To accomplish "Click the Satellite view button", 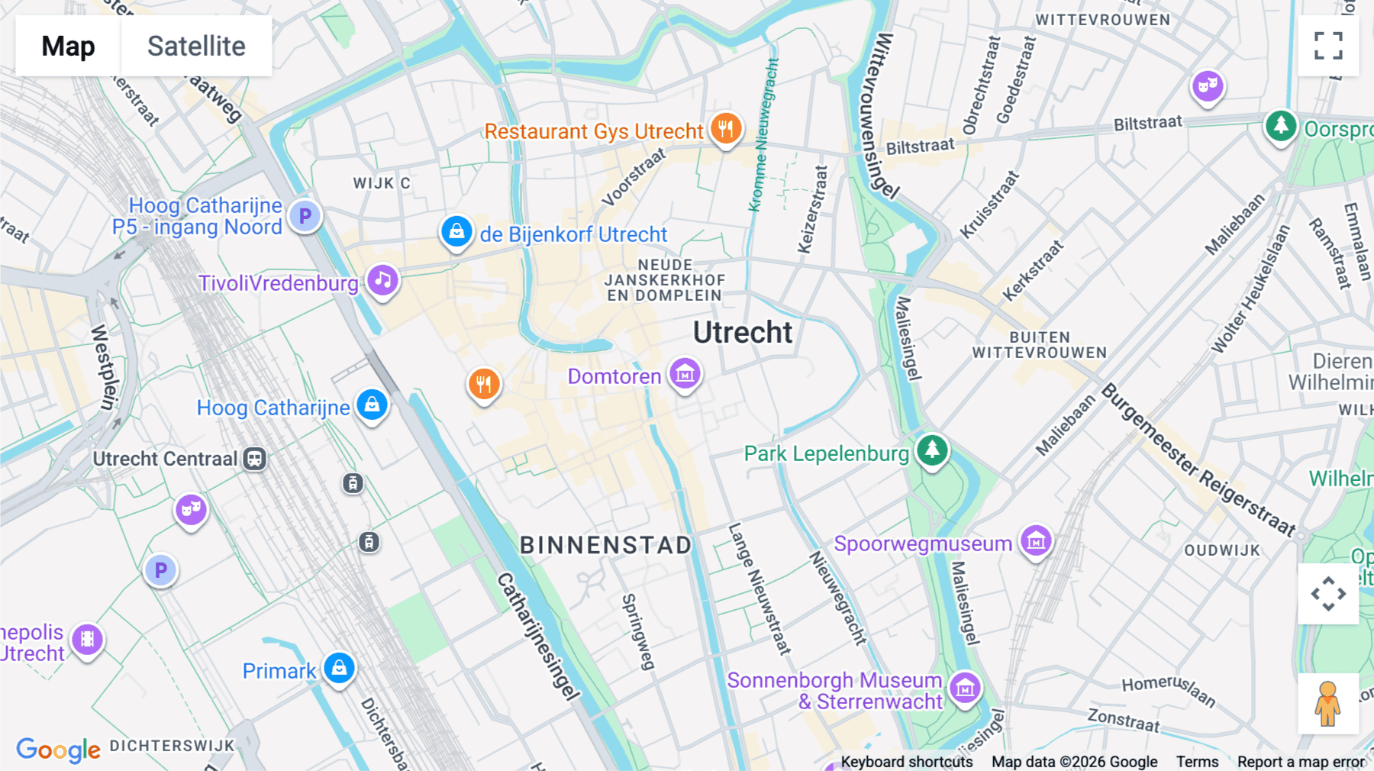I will click(196, 46).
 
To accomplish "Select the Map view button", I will click(68, 46).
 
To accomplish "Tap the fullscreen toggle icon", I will click(1328, 46).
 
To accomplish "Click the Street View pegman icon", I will click(1327, 704).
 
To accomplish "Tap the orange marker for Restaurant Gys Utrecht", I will click(726, 128).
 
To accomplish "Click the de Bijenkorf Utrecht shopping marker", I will click(456, 231).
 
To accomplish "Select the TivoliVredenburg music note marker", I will click(383, 281).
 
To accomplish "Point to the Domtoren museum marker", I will click(685, 374).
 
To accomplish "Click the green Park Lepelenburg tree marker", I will click(932, 450).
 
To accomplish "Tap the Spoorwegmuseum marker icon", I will click(1036, 541).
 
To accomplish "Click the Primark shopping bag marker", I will click(339, 669).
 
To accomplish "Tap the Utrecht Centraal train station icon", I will click(255, 459).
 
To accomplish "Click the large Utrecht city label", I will click(743, 333).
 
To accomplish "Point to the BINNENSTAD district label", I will click(605, 545).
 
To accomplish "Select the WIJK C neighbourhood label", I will click(381, 183).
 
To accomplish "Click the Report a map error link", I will click(1301, 761).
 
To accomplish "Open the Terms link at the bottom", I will click(1197, 761).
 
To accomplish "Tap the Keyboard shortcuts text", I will click(906, 761).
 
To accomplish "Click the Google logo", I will click(58, 750).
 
